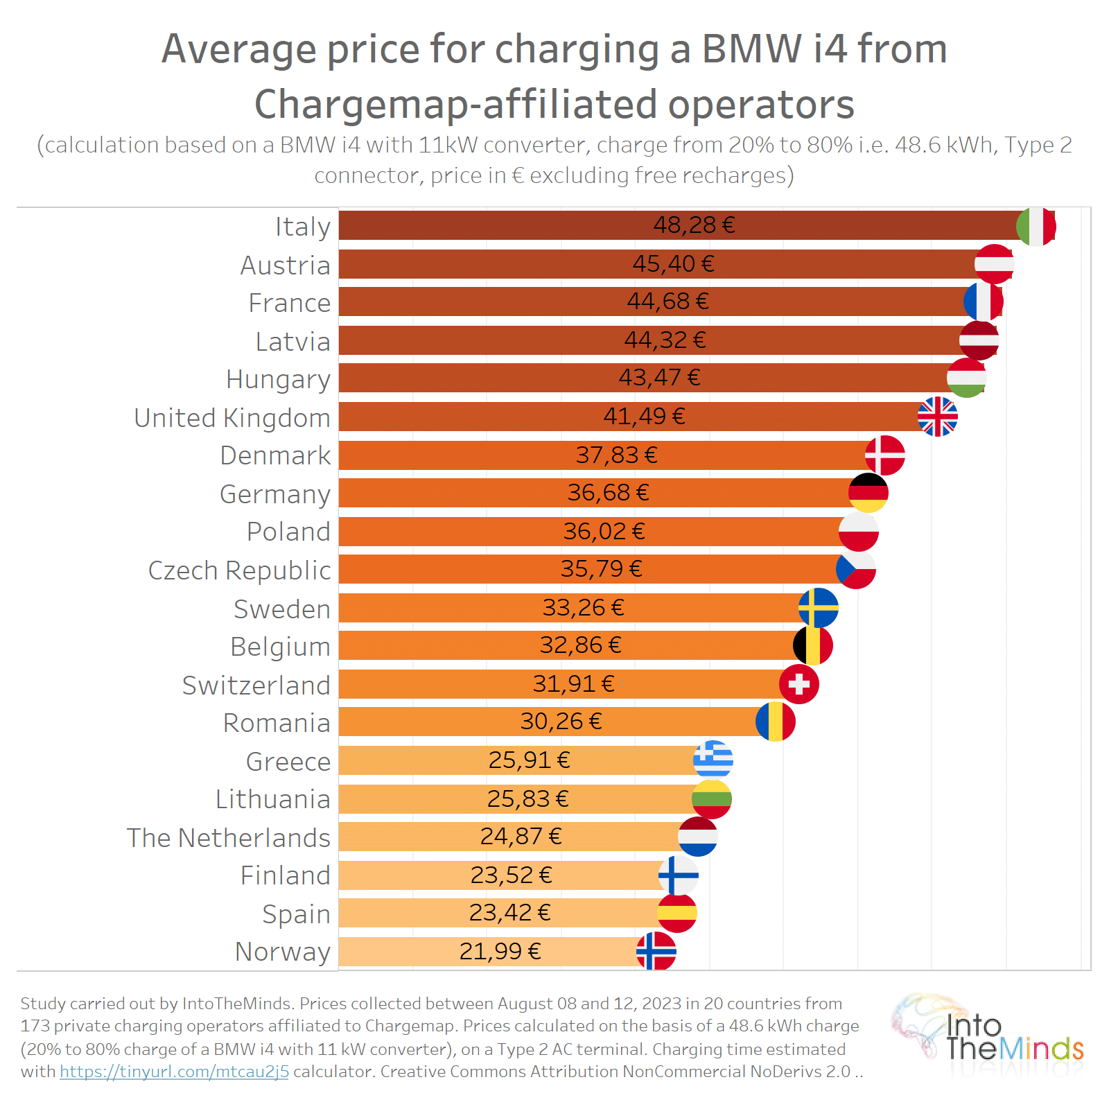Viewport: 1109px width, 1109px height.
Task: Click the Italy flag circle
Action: [x=1036, y=226]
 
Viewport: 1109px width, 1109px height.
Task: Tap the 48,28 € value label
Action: [x=694, y=225]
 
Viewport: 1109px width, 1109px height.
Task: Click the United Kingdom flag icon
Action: [x=937, y=417]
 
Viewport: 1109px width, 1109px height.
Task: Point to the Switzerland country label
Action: [x=256, y=686]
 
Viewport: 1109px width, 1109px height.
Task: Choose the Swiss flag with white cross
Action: [x=798, y=684]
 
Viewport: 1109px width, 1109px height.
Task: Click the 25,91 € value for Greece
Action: [x=529, y=760]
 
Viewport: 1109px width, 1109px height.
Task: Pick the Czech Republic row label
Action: [x=239, y=570]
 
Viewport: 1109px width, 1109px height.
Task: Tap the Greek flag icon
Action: [x=713, y=760]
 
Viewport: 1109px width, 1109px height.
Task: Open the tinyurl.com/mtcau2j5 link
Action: [x=174, y=1072]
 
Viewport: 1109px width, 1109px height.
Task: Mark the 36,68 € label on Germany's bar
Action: [x=608, y=493]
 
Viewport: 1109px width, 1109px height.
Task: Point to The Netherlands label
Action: [x=228, y=838]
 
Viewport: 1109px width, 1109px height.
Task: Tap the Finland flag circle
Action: [x=678, y=875]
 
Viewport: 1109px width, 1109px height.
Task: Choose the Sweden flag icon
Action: [x=818, y=608]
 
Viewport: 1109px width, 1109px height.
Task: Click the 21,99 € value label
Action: [x=500, y=952]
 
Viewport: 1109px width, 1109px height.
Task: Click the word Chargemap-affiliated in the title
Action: [x=456, y=105]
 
